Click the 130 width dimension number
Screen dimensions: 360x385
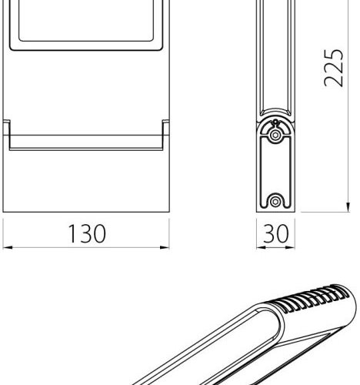click(x=87, y=233)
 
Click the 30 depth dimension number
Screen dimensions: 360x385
click(x=276, y=233)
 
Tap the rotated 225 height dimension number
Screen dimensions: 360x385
click(x=333, y=68)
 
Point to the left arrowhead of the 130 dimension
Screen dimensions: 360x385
click(x=8, y=247)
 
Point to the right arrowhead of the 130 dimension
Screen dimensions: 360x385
click(x=165, y=247)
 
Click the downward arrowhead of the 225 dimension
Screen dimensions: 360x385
click(x=348, y=207)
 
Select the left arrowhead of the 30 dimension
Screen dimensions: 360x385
click(x=261, y=247)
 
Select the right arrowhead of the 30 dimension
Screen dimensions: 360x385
click(x=290, y=247)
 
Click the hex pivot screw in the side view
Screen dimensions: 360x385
click(x=275, y=135)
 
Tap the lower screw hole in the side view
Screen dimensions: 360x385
click(x=275, y=202)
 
